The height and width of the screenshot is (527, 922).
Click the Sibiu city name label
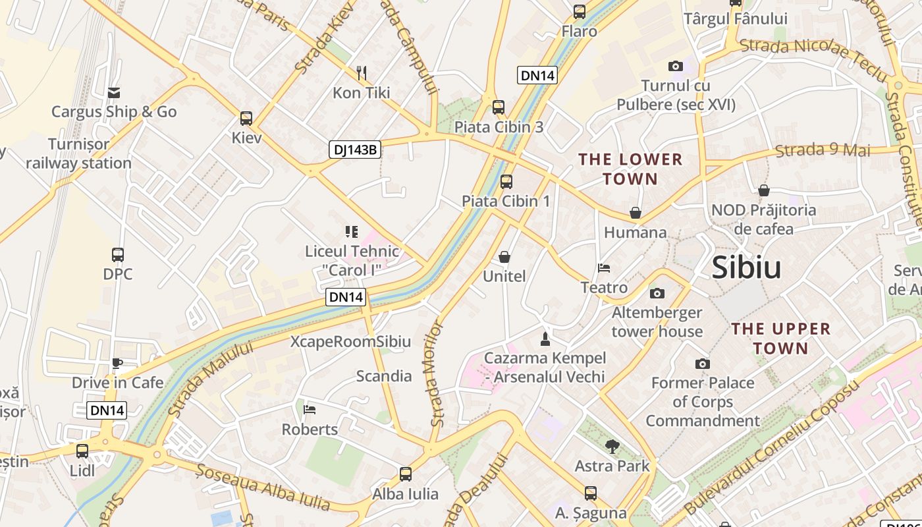[746, 267]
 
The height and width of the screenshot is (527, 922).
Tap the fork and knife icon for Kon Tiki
[361, 72]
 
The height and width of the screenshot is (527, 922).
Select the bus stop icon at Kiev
[246, 119]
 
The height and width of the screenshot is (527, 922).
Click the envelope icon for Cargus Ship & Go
[114, 92]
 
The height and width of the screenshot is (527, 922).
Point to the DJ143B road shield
[355, 150]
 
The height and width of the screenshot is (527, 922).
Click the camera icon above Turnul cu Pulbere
[675, 66]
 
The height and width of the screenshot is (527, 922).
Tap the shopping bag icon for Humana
[636, 213]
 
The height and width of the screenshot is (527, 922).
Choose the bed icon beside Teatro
[604, 268]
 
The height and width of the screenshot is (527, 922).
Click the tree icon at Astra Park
[612, 447]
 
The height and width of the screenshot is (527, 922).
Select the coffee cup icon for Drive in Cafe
[117, 363]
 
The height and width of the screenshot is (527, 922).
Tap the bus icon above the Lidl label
[82, 451]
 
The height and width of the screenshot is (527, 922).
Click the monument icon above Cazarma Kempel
[545, 339]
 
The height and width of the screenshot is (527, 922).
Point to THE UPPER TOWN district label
[780, 338]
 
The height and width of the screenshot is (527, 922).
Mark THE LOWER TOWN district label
[630, 169]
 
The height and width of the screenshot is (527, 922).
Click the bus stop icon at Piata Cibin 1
[506, 182]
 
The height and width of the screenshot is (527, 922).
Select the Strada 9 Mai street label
[823, 150]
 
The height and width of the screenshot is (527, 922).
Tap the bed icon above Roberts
[310, 410]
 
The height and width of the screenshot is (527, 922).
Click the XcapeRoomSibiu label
[350, 341]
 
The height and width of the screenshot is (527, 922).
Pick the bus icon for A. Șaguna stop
[590, 493]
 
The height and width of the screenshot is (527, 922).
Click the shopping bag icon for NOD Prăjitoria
[764, 191]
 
